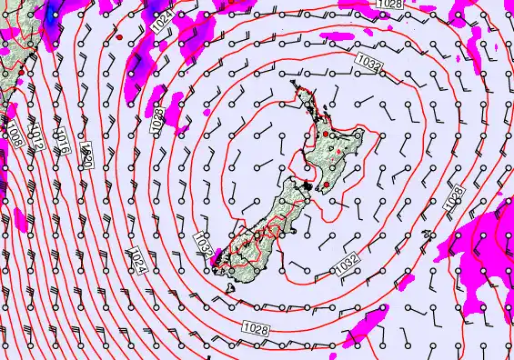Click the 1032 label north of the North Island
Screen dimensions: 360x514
click(368, 63)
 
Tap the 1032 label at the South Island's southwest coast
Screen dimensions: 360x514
click(204, 243)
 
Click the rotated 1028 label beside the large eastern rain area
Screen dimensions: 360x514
click(455, 196)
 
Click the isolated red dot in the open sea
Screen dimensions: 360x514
click(119, 37)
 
